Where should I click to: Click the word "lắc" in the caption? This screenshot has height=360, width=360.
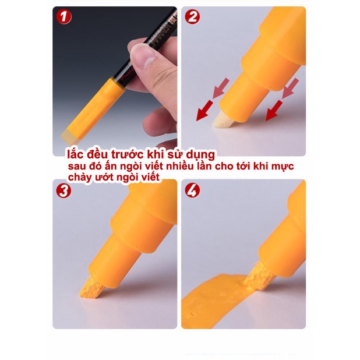(x=75, y=155)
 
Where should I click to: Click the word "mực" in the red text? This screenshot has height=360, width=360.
(x=282, y=167)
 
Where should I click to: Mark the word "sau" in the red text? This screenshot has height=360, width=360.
(x=73, y=167)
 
